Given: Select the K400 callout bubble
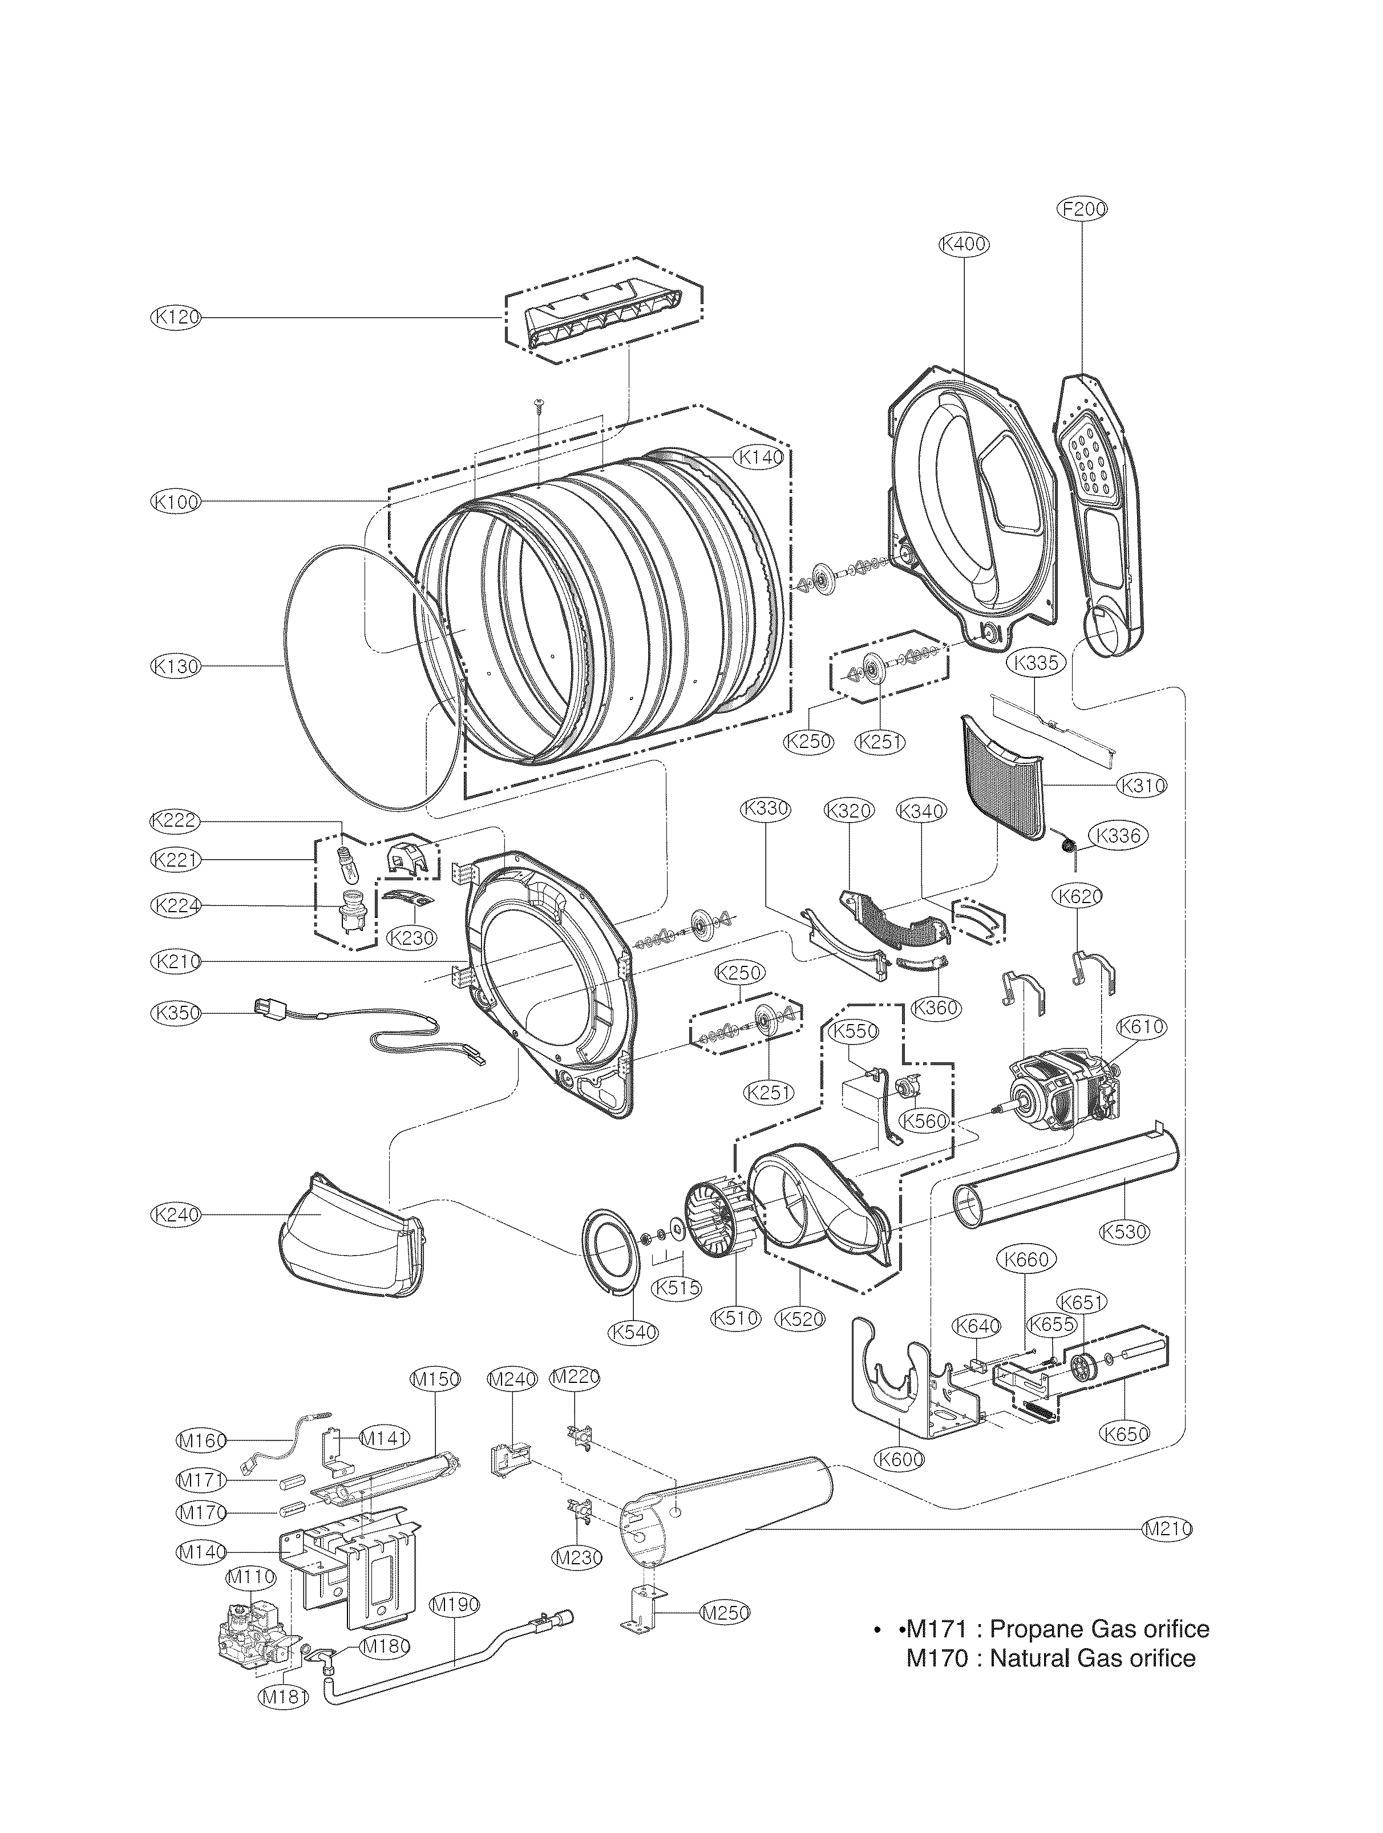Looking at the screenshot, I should (x=964, y=244).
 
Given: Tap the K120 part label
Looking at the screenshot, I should (x=176, y=317).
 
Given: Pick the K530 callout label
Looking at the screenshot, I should (x=1125, y=1255).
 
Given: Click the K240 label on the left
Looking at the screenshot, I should (x=176, y=1215).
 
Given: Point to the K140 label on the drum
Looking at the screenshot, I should (x=760, y=456).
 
